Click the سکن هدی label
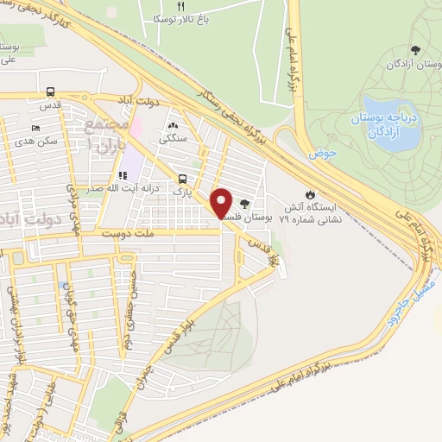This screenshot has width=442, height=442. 37,140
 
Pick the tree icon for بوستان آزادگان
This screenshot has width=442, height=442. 416,50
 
